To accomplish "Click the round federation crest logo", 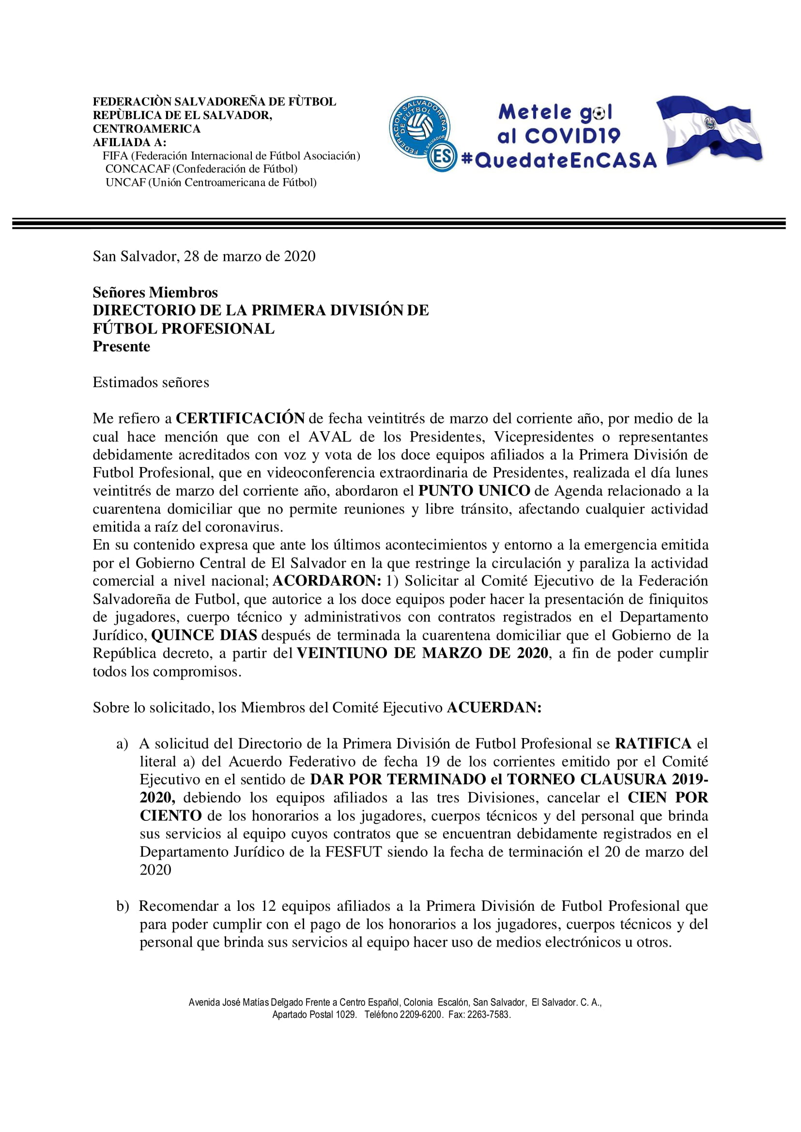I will [x=419, y=127].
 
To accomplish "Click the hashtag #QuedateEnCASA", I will [x=559, y=160].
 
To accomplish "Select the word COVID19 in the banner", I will [x=571, y=136].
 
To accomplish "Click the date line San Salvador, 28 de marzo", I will [x=204, y=257].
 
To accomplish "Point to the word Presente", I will [x=122, y=347].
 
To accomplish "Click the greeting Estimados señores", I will [x=151, y=383].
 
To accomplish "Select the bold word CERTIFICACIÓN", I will [x=240, y=419].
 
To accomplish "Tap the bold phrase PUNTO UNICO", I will [x=474, y=491].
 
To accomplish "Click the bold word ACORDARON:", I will [x=326, y=581].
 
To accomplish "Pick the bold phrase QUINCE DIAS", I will [x=204, y=635].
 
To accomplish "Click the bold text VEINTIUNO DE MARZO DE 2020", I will [x=422, y=653].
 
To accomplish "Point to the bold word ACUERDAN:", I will [x=494, y=708].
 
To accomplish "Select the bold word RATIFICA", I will [x=653, y=744].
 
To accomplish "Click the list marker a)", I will [x=123, y=744].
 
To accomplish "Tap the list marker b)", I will [x=123, y=906].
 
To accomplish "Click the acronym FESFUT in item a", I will [x=353, y=852].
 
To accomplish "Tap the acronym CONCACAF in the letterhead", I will [x=137, y=169].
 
